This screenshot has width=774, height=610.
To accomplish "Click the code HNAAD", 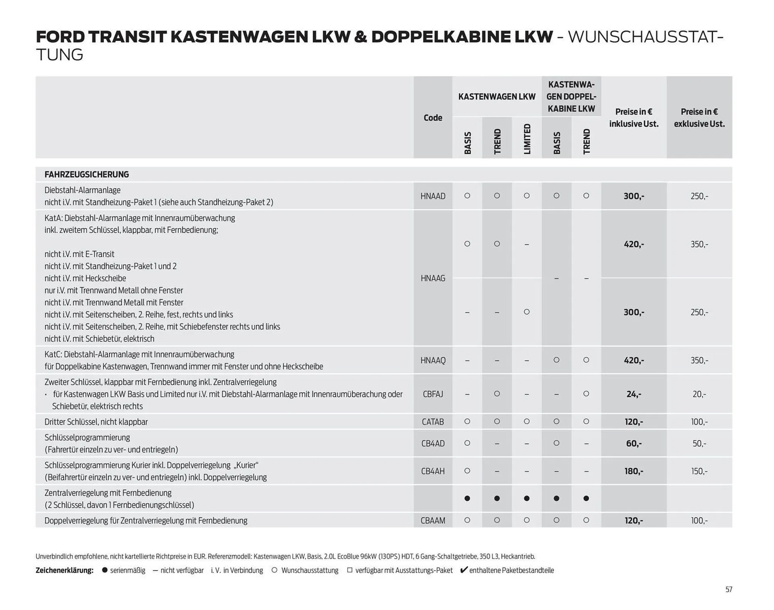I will (433, 196).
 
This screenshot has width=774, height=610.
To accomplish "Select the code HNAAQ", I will (433, 360).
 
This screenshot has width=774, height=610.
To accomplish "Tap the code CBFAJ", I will (433, 394).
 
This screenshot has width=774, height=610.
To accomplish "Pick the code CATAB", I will (433, 422).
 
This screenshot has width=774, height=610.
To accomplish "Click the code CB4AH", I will (433, 471).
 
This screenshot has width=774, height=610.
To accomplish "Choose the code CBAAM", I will (433, 521).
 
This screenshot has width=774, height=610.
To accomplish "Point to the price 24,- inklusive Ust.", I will (634, 394).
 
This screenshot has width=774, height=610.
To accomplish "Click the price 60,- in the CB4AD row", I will (634, 444).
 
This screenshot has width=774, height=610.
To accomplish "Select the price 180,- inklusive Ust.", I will (634, 471).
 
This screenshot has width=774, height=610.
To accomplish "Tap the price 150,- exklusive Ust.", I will (699, 471).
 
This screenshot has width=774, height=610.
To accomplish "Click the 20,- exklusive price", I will (699, 394).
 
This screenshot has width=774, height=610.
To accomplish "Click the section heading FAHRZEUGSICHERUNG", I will (87, 174).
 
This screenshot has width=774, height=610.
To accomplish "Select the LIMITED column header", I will (527, 139).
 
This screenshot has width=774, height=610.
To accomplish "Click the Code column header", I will (433, 118).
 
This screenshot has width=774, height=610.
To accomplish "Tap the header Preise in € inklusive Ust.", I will (634, 118).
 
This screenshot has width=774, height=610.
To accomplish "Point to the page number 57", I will (728, 589).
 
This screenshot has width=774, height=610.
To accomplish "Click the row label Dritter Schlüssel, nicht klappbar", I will (96, 422).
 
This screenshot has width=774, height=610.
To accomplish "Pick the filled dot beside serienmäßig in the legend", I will (105, 570).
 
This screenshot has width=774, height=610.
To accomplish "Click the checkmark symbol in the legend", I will (464, 570).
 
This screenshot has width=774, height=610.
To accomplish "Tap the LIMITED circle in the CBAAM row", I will (526, 520).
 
